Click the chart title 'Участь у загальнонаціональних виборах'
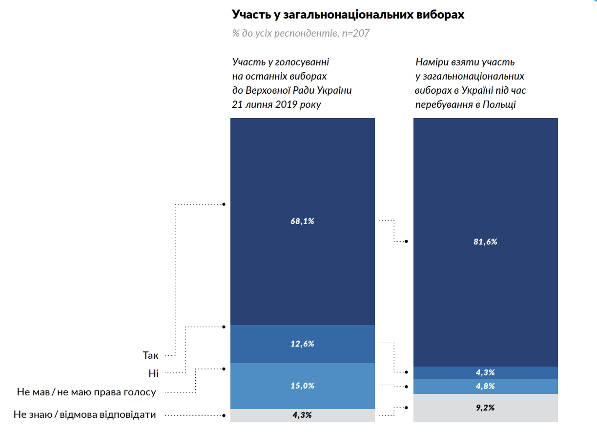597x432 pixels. point(348,15)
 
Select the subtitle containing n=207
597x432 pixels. point(301,34)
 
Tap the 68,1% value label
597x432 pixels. point(302,221)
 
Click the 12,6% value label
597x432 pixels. point(302,344)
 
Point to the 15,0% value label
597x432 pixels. point(302,386)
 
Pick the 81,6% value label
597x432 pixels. point(485,242)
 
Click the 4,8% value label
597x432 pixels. point(485,386)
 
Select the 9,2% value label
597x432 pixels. point(485,407)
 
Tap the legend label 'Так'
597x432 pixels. point(151,355)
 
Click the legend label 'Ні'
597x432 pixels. point(154,373)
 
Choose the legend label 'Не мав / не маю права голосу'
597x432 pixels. point(86,392)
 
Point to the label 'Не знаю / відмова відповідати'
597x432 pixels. point(85,415)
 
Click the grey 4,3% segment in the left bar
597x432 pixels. point(264,415)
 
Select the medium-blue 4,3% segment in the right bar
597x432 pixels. point(449,373)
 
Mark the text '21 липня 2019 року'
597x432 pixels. point(277,104)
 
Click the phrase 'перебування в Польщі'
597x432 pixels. point(466,104)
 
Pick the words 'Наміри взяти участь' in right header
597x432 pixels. point(465,62)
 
